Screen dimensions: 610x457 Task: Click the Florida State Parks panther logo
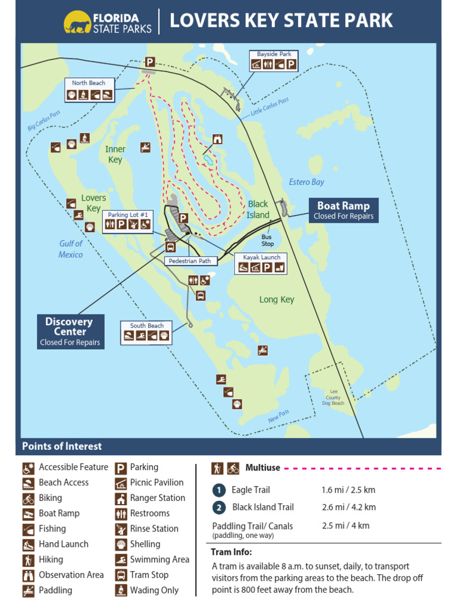coord(77,22)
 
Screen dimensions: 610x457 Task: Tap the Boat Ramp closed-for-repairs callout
coord(343,210)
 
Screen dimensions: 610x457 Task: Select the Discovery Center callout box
coord(70,331)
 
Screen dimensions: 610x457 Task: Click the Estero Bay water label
coord(306,182)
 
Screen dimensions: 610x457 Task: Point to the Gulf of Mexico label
coord(71,249)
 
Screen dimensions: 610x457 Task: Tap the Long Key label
coord(277,300)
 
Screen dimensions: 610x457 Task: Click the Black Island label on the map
coord(258,209)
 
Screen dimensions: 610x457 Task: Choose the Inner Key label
coord(115,154)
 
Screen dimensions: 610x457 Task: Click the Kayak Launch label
coord(262,257)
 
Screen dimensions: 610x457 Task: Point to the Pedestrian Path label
coord(189,261)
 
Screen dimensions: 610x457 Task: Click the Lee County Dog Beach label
coord(333,397)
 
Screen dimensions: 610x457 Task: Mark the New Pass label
coord(278,416)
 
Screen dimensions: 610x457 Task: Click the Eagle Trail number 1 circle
coord(219,490)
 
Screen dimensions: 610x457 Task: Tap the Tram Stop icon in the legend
coord(120,575)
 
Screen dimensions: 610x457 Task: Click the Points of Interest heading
coord(62,446)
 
